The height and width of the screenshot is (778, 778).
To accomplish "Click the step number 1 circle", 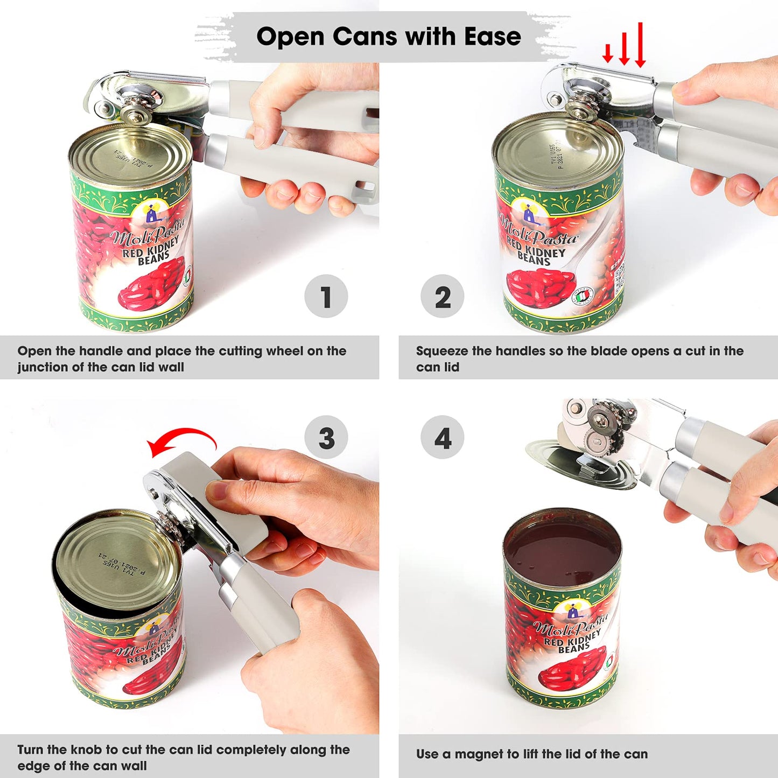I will [x=326, y=296].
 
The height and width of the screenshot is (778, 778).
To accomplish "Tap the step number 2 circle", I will [x=442, y=296].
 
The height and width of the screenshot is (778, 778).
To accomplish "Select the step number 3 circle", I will [x=326, y=437].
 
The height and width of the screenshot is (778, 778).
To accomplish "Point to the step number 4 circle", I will [x=442, y=437].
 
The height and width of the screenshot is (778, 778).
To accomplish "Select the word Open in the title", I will [x=290, y=37].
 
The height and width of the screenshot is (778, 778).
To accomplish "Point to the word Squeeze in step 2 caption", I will [x=442, y=351].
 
